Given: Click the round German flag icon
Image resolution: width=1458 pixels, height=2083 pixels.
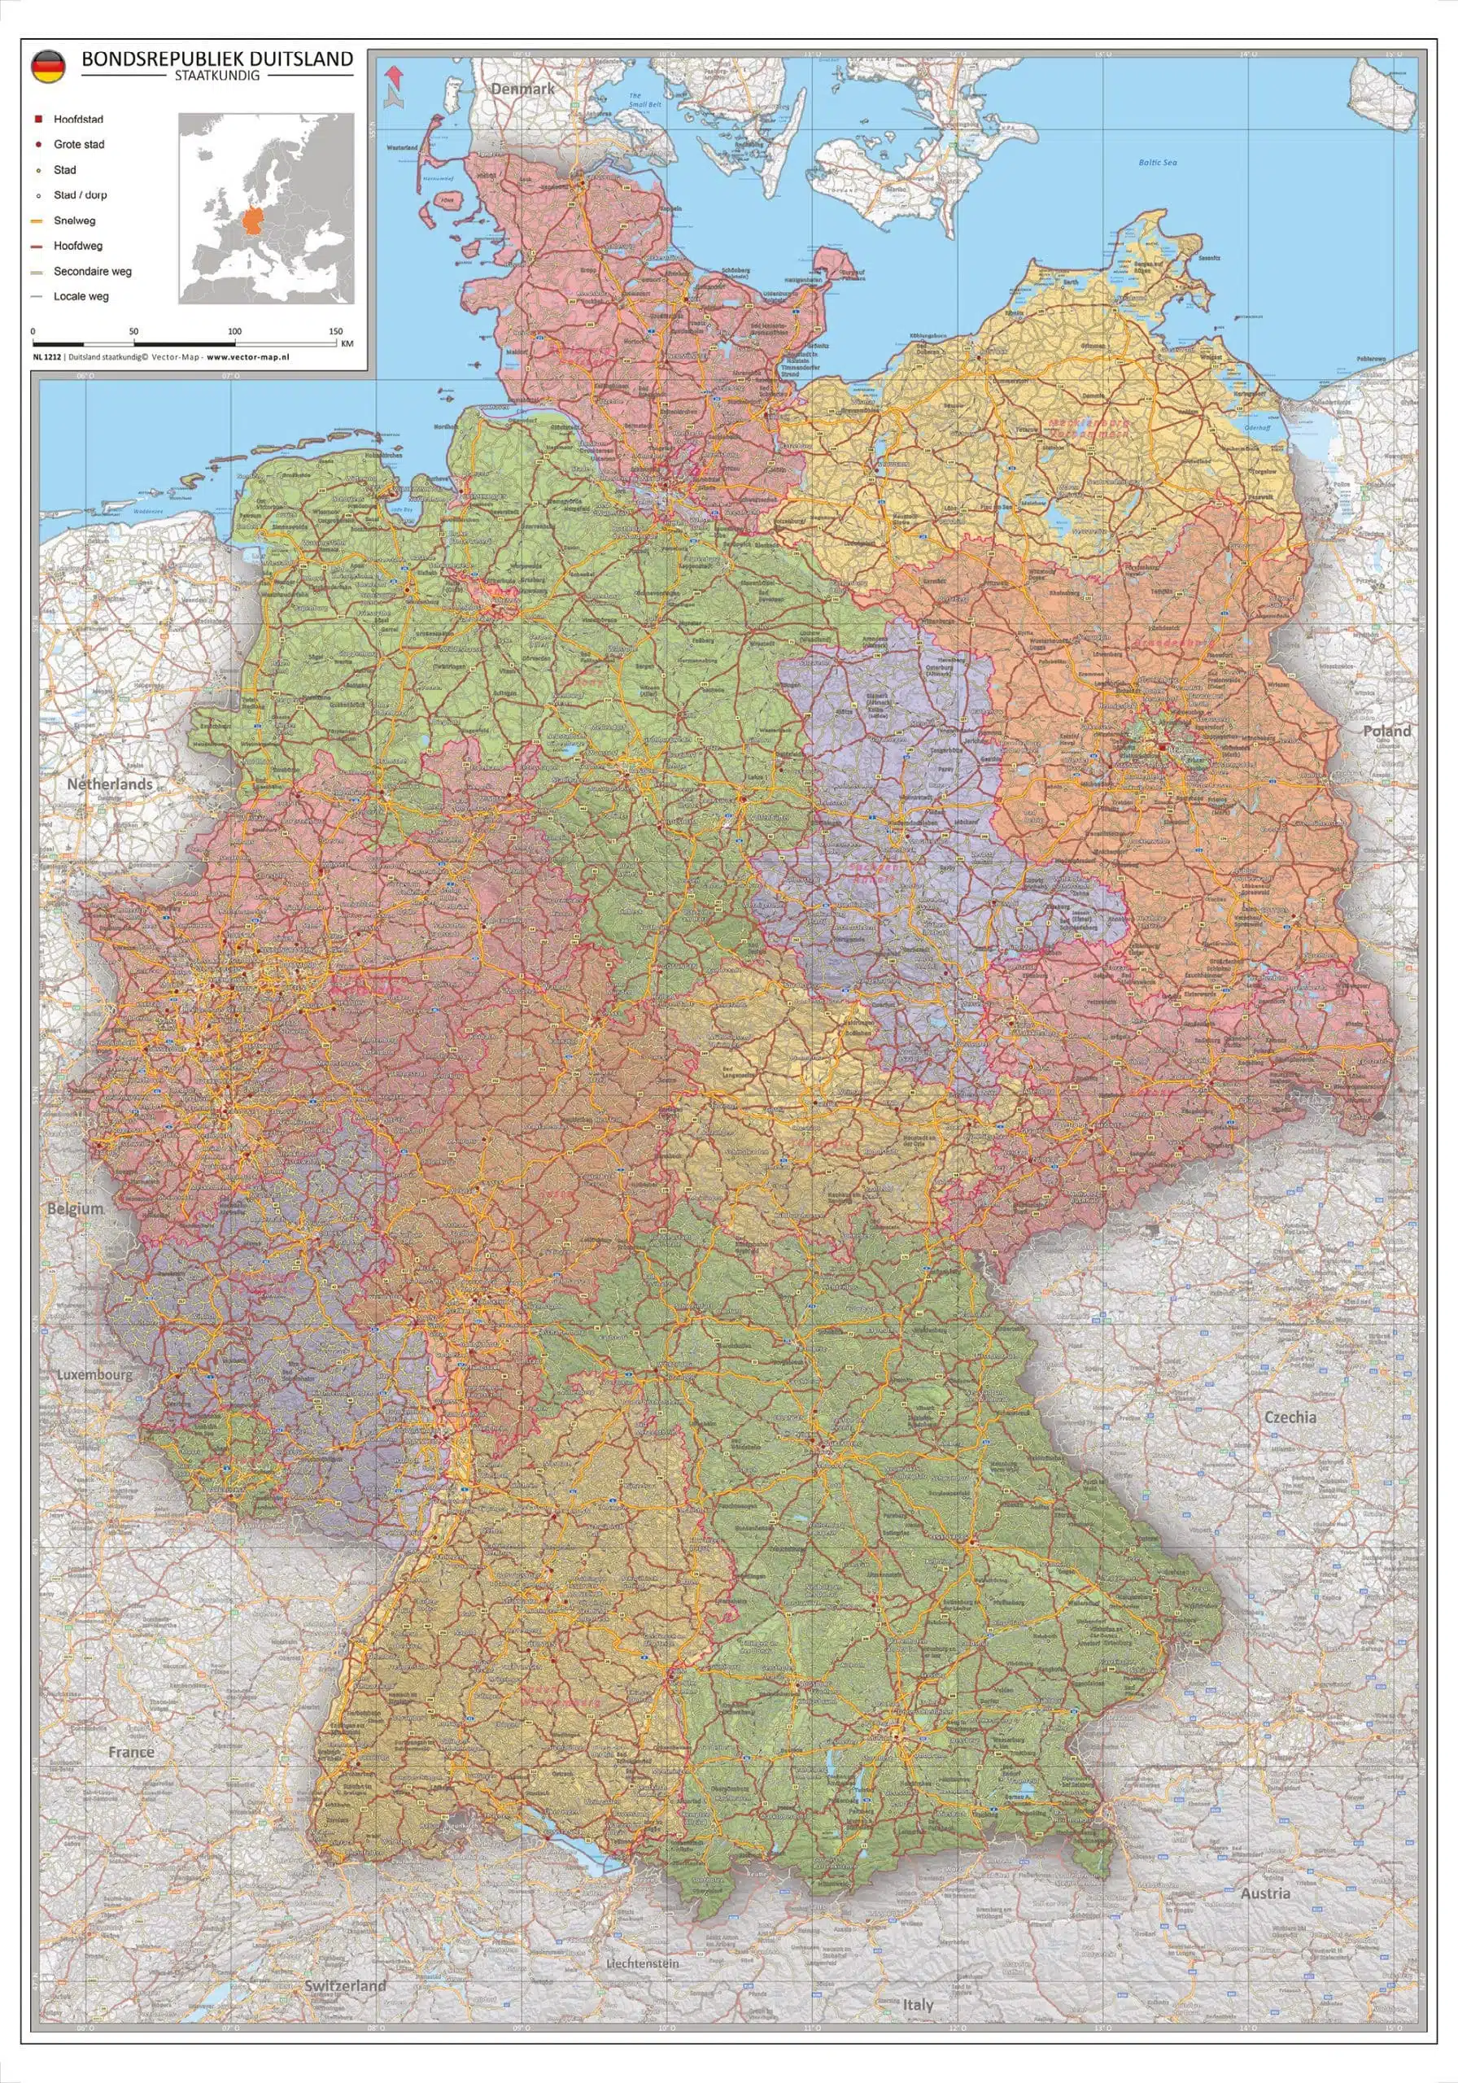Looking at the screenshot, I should point(47,68).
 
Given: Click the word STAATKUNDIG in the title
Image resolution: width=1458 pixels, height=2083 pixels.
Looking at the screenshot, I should point(217,76).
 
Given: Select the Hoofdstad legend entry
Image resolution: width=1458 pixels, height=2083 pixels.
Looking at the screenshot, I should point(78,120).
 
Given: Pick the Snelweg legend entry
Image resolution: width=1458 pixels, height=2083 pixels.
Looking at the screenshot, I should point(73,221).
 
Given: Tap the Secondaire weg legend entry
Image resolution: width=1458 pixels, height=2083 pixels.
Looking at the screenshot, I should point(92,271).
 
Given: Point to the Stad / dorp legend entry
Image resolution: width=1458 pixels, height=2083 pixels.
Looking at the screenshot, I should point(80,195).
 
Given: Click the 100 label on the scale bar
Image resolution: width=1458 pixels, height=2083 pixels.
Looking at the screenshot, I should point(234,332).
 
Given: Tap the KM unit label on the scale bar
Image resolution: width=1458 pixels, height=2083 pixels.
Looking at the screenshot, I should point(347,344).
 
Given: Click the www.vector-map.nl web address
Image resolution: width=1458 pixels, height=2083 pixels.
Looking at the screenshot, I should point(247,357).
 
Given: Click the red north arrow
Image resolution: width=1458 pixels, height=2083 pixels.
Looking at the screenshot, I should point(393,74).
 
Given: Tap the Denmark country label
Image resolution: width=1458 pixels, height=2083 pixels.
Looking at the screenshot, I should point(522,89).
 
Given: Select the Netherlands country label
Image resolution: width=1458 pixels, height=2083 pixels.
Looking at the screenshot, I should point(110,784).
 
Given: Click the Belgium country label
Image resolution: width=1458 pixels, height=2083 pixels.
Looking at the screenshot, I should point(76,1209).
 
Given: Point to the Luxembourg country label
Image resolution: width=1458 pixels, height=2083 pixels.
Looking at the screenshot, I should point(94,1374).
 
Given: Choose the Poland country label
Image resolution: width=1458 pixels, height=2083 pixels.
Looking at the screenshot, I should point(1387,731).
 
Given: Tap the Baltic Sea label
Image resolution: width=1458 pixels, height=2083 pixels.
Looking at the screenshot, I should point(1158,163).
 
